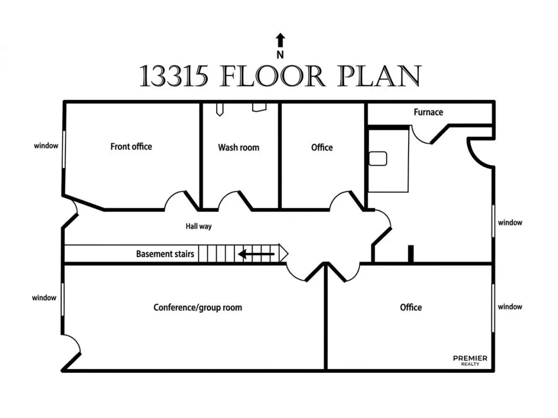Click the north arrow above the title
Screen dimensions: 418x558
pos(280,39)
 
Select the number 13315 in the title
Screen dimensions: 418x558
pos(174,76)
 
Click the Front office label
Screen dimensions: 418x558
pos(131,147)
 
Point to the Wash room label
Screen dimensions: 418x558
pos(238,148)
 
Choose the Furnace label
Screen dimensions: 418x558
pos(428,112)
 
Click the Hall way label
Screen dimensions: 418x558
pos(199,226)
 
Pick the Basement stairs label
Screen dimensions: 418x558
pos(165,254)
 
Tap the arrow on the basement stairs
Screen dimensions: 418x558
pos(256,253)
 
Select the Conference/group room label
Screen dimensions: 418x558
pos(197,307)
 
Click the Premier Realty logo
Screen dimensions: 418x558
pos(470,360)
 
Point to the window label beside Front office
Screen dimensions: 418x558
pos(46,146)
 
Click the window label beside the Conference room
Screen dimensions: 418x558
pos(44,298)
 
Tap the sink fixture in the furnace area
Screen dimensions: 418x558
pos(377,159)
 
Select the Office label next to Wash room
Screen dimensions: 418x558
pos(322,148)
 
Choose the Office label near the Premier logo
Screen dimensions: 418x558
pos(411,307)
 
